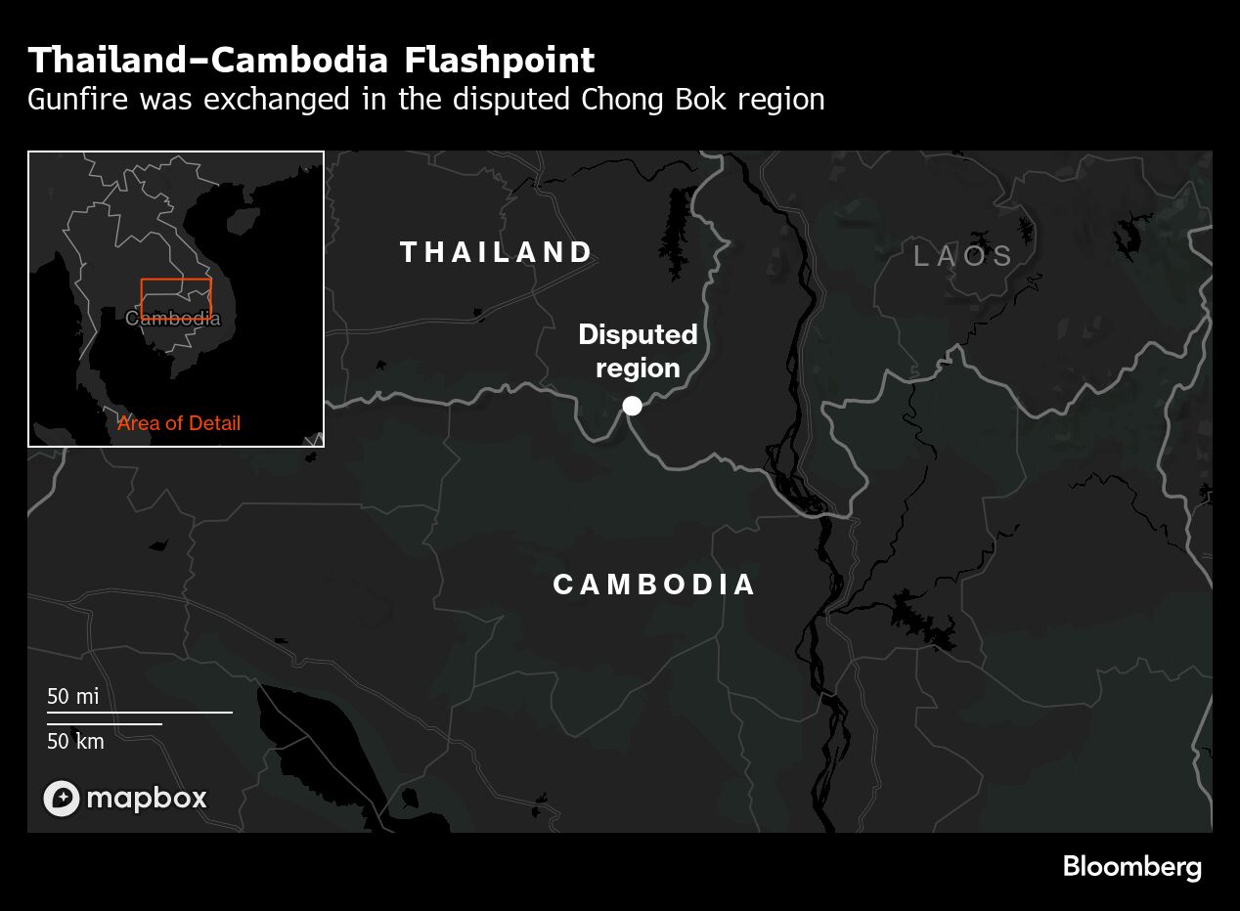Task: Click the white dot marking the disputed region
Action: pyautogui.click(x=633, y=405)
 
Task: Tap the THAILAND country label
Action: pyautogui.click(x=496, y=252)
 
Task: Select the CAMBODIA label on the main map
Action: pyautogui.click(x=654, y=585)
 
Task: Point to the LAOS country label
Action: pyautogui.click(x=964, y=256)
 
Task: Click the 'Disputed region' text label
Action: pyautogui.click(x=638, y=351)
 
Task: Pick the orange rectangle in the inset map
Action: pyautogui.click(x=176, y=281)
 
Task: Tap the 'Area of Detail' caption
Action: pyautogui.click(x=179, y=423)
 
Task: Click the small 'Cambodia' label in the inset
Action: pyautogui.click(x=173, y=319)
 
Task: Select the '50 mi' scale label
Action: pyautogui.click(x=73, y=697)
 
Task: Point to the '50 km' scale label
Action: pyautogui.click(x=75, y=741)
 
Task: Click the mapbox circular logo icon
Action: pyautogui.click(x=61, y=799)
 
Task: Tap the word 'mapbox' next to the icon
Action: pyautogui.click(x=147, y=799)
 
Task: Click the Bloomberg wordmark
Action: pyautogui.click(x=1131, y=866)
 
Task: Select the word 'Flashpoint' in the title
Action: pyautogui.click(x=499, y=61)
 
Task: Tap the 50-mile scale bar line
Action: pyautogui.click(x=140, y=713)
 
